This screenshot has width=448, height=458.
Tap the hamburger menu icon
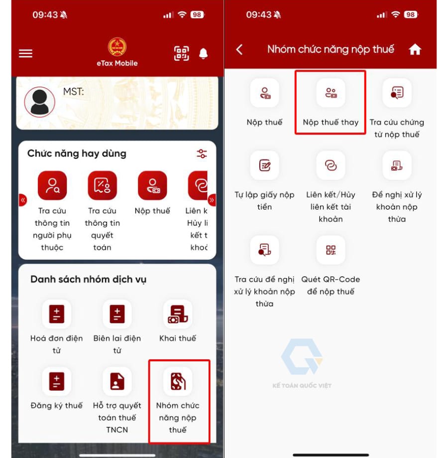(26, 53)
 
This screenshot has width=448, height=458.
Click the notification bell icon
(203, 54)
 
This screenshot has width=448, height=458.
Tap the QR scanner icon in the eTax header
(181, 53)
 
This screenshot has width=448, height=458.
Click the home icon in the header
(415, 49)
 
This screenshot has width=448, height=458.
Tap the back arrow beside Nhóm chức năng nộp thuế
(239, 49)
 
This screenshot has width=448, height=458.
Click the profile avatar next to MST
(40, 102)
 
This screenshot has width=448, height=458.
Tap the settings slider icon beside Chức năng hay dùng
(202, 153)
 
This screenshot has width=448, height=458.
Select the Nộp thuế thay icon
(331, 93)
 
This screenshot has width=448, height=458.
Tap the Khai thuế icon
(178, 314)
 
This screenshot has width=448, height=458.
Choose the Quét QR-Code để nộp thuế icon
(331, 250)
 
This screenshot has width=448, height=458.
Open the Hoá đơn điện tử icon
(57, 314)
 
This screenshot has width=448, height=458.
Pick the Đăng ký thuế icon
(57, 381)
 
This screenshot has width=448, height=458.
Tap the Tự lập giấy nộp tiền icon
(264, 165)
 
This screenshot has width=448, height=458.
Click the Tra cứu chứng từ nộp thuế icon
(397, 93)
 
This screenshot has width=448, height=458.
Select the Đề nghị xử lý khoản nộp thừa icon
(397, 165)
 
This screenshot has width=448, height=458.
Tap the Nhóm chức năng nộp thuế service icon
(178, 381)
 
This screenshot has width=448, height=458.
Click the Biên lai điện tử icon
(117, 314)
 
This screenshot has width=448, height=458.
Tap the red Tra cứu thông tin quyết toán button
(103, 185)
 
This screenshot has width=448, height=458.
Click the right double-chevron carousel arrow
(212, 200)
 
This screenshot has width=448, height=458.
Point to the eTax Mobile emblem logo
(117, 47)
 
